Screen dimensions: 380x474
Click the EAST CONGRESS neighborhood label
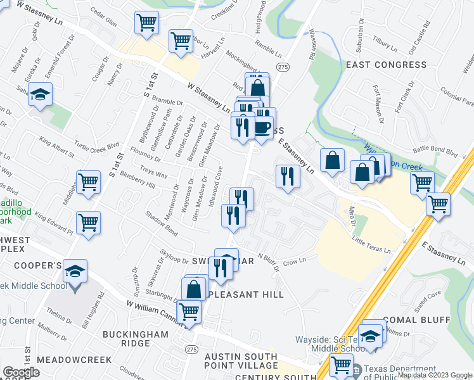[386, 65]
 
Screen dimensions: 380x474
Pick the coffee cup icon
[262, 128]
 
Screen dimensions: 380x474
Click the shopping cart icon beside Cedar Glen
[147, 23]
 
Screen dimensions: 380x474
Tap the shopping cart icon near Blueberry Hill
[88, 182]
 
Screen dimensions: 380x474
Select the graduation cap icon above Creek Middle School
[75, 272]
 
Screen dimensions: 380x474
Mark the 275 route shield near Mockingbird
[283, 67]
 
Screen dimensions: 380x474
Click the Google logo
[22, 372]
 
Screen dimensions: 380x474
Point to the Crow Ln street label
[290, 261]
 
